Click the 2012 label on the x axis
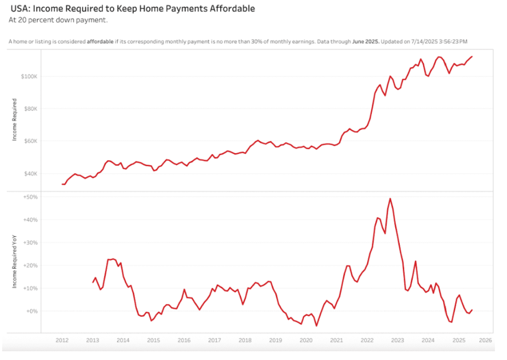tap(62, 340)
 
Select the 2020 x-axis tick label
tap(306, 340)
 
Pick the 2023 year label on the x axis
tap(397, 340)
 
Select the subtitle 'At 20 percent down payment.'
tap(58, 20)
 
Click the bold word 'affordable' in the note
tap(101, 42)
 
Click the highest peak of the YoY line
tap(390, 199)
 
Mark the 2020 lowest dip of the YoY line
tap(316, 326)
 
